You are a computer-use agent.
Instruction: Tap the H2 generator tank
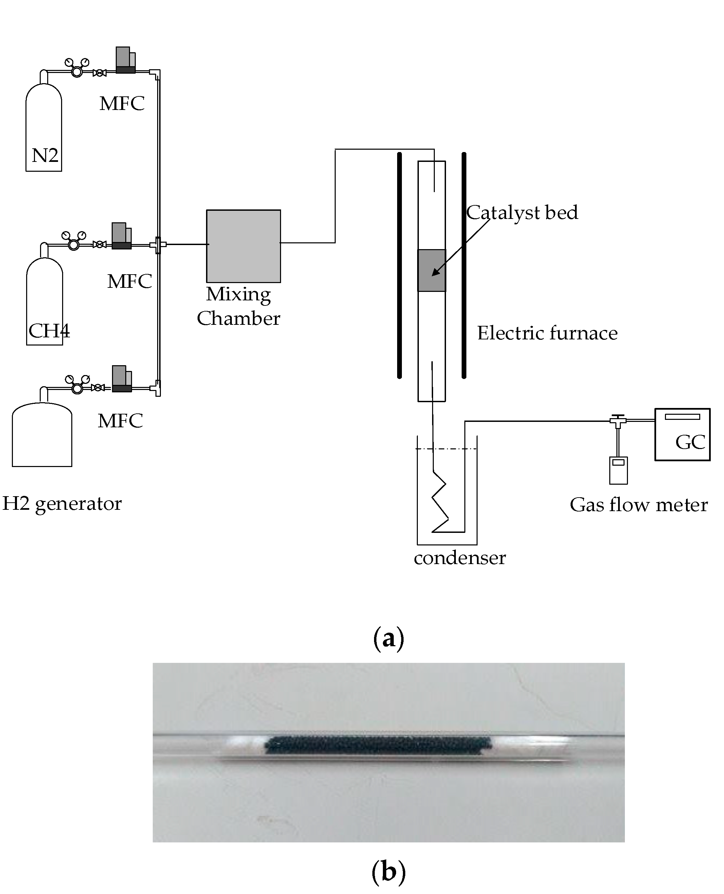42,436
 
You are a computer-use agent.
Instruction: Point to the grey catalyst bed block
432,270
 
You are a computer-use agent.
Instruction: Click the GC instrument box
682,434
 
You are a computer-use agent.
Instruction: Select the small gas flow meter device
618,470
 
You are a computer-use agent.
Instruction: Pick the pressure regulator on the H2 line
77,388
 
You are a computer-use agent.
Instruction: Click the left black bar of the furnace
399,265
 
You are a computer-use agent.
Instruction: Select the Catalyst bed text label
522,213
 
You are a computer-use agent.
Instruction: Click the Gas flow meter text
638,505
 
